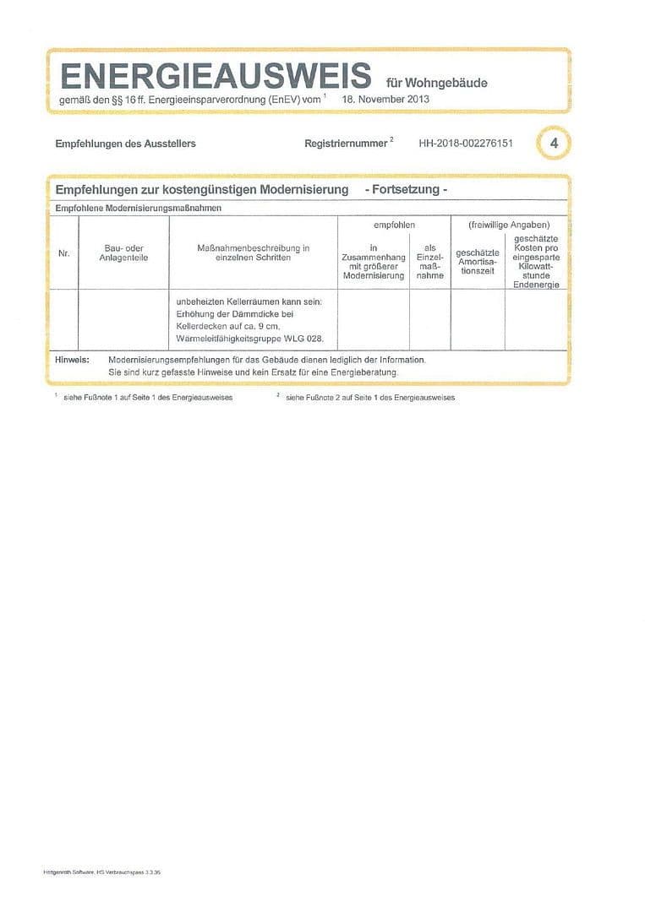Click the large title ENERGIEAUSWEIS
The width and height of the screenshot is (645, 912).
click(216, 76)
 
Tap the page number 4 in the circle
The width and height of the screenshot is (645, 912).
click(554, 144)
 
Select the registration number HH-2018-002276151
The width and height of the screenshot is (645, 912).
click(466, 144)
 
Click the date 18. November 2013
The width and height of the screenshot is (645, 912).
click(385, 99)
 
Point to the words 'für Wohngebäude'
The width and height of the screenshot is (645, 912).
click(436, 83)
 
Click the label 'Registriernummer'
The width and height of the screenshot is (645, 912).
click(345, 144)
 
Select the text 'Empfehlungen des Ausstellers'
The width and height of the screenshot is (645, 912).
click(125, 144)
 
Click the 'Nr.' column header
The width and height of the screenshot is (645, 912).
click(64, 253)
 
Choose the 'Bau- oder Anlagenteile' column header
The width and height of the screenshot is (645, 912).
click(123, 252)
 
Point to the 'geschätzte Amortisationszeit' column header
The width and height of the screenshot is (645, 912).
click(478, 262)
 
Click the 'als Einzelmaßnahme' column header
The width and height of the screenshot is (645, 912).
click(430, 262)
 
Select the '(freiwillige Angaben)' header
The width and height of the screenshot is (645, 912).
click(509, 225)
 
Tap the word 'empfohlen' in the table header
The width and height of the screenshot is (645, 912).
click(394, 225)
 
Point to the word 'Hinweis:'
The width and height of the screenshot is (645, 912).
click(72, 360)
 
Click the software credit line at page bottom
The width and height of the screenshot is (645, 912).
click(101, 871)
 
